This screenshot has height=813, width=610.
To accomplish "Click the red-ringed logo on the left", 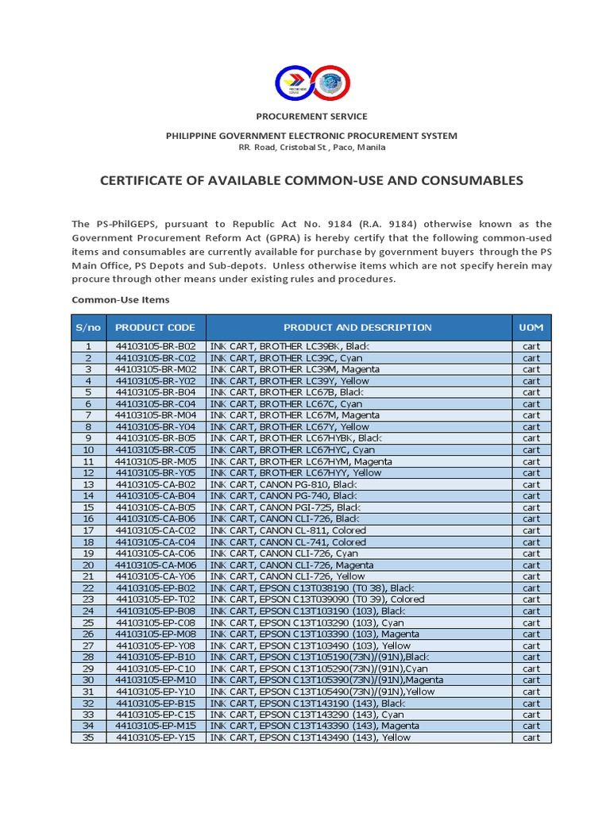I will (x=295, y=83).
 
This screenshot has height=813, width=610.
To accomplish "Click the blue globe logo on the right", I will (x=329, y=83).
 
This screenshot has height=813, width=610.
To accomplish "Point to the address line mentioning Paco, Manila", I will (x=311, y=148).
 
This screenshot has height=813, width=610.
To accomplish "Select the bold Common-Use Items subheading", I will (x=120, y=299).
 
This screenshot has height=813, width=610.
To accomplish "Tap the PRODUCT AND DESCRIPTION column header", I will (x=357, y=327).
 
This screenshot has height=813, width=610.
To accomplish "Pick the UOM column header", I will (x=531, y=327).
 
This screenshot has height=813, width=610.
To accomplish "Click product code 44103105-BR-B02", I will (x=155, y=346).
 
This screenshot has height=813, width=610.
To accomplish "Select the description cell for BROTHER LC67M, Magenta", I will (x=295, y=415).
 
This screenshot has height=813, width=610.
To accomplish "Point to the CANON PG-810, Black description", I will (x=284, y=484).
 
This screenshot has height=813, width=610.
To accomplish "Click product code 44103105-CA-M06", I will (x=155, y=564).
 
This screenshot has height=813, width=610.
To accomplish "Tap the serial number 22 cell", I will (x=88, y=588).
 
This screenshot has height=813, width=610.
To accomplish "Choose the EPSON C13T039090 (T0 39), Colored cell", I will (x=317, y=599).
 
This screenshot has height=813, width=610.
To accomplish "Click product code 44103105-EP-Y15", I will (x=155, y=738).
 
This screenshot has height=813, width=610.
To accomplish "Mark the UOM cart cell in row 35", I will (x=531, y=738).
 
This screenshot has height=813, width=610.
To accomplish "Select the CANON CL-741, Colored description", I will (x=288, y=541).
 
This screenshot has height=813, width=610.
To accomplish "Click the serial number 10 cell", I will (x=88, y=449).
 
